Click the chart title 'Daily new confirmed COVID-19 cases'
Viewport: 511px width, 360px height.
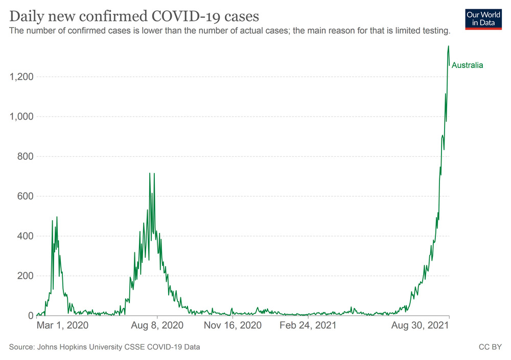(x=131, y=15)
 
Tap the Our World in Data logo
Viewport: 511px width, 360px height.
(x=483, y=19)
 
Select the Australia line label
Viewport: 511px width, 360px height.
(x=467, y=65)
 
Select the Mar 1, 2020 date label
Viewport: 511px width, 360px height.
(x=63, y=325)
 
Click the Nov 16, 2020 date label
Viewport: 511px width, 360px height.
(x=233, y=325)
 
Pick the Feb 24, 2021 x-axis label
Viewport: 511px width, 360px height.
(x=308, y=325)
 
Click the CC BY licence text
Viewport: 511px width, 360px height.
(x=489, y=347)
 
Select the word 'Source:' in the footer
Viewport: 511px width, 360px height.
(x=21, y=347)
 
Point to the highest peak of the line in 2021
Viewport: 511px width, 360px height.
(x=449, y=46)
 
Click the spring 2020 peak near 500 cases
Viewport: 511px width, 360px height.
(x=57, y=217)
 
